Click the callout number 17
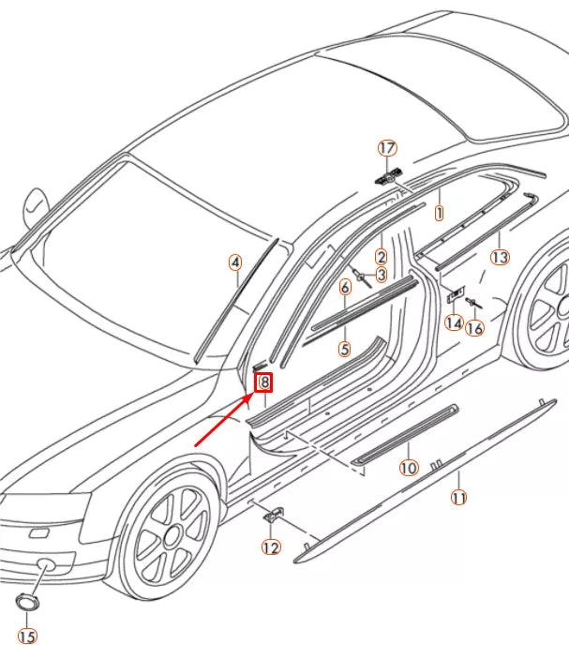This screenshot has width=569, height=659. pyautogui.click(x=386, y=148)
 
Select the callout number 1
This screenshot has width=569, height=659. pyautogui.click(x=439, y=213)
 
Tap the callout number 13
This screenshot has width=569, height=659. pyautogui.click(x=500, y=257)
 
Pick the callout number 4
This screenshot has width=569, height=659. pyautogui.click(x=235, y=263)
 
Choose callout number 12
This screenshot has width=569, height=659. pyautogui.click(x=271, y=547)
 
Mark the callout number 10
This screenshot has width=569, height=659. pyautogui.click(x=409, y=467)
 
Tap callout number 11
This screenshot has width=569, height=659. pyautogui.click(x=459, y=498)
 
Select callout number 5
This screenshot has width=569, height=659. pyautogui.click(x=344, y=349)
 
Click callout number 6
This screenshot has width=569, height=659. pyautogui.click(x=345, y=288)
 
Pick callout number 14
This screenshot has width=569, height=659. pyautogui.click(x=455, y=322)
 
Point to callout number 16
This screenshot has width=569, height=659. pyautogui.click(x=475, y=328)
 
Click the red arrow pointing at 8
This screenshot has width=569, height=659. pyautogui.click(x=223, y=418)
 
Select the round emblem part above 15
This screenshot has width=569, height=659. pyautogui.click(x=25, y=601)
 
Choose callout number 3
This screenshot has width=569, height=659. pyautogui.click(x=381, y=275)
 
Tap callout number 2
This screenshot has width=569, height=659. pyautogui.click(x=382, y=256)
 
